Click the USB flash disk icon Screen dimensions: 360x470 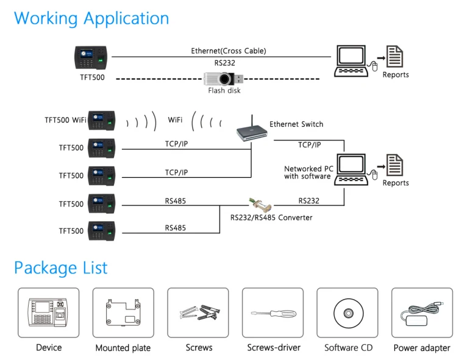pyautogui.click(x=224, y=79)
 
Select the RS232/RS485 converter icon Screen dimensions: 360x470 pyautogui.click(x=256, y=203)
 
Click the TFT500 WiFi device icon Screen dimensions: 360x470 pyautogui.click(x=101, y=121)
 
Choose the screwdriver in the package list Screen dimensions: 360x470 pyautogui.click(x=273, y=314)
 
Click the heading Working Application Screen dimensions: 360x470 pyautogui.click(x=91, y=18)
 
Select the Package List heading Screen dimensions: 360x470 pyautogui.click(x=60, y=268)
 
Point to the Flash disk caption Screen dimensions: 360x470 pyautogui.click(x=224, y=91)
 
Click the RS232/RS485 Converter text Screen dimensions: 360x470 pyautogui.click(x=271, y=217)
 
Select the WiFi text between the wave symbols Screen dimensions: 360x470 pyautogui.click(x=175, y=120)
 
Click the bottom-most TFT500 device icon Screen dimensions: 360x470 pyautogui.click(x=101, y=230)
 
